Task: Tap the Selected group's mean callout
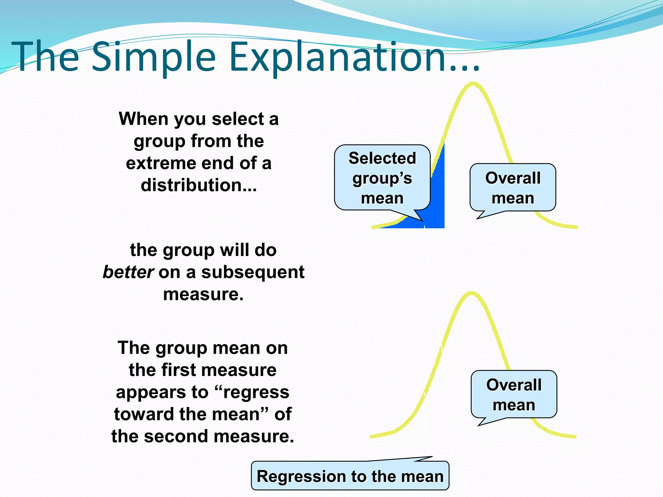click(x=382, y=178)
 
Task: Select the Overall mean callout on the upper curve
click(x=513, y=188)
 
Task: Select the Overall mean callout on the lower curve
click(x=514, y=395)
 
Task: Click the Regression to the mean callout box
click(x=350, y=476)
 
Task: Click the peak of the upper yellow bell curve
click(x=473, y=84)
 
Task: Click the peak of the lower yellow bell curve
click(x=471, y=293)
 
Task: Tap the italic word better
click(x=128, y=272)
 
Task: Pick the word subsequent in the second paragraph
click(x=253, y=272)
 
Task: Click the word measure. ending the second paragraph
click(x=203, y=294)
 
